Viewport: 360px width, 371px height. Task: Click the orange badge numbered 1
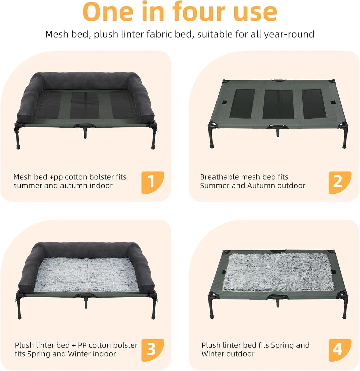(x=153, y=182)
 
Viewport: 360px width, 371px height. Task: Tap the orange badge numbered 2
(x=340, y=182)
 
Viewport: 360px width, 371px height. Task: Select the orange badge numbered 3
(x=153, y=350)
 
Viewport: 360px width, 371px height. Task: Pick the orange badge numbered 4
(x=340, y=350)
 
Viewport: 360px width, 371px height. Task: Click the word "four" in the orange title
(x=198, y=11)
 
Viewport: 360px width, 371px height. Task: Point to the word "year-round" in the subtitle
(x=289, y=35)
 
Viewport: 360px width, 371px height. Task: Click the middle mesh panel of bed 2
(x=278, y=104)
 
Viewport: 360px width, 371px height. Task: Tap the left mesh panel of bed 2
(x=242, y=103)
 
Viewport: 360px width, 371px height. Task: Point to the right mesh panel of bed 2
(x=314, y=104)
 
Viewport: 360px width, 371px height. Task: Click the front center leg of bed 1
(x=85, y=133)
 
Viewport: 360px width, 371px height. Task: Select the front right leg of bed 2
(x=345, y=138)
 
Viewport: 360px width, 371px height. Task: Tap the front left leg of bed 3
(x=19, y=308)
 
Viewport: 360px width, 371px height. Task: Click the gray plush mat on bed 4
(x=278, y=272)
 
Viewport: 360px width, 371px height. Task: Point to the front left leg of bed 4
(x=211, y=308)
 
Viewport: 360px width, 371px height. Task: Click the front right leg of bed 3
(x=153, y=308)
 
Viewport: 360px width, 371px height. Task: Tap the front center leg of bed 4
(x=278, y=303)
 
